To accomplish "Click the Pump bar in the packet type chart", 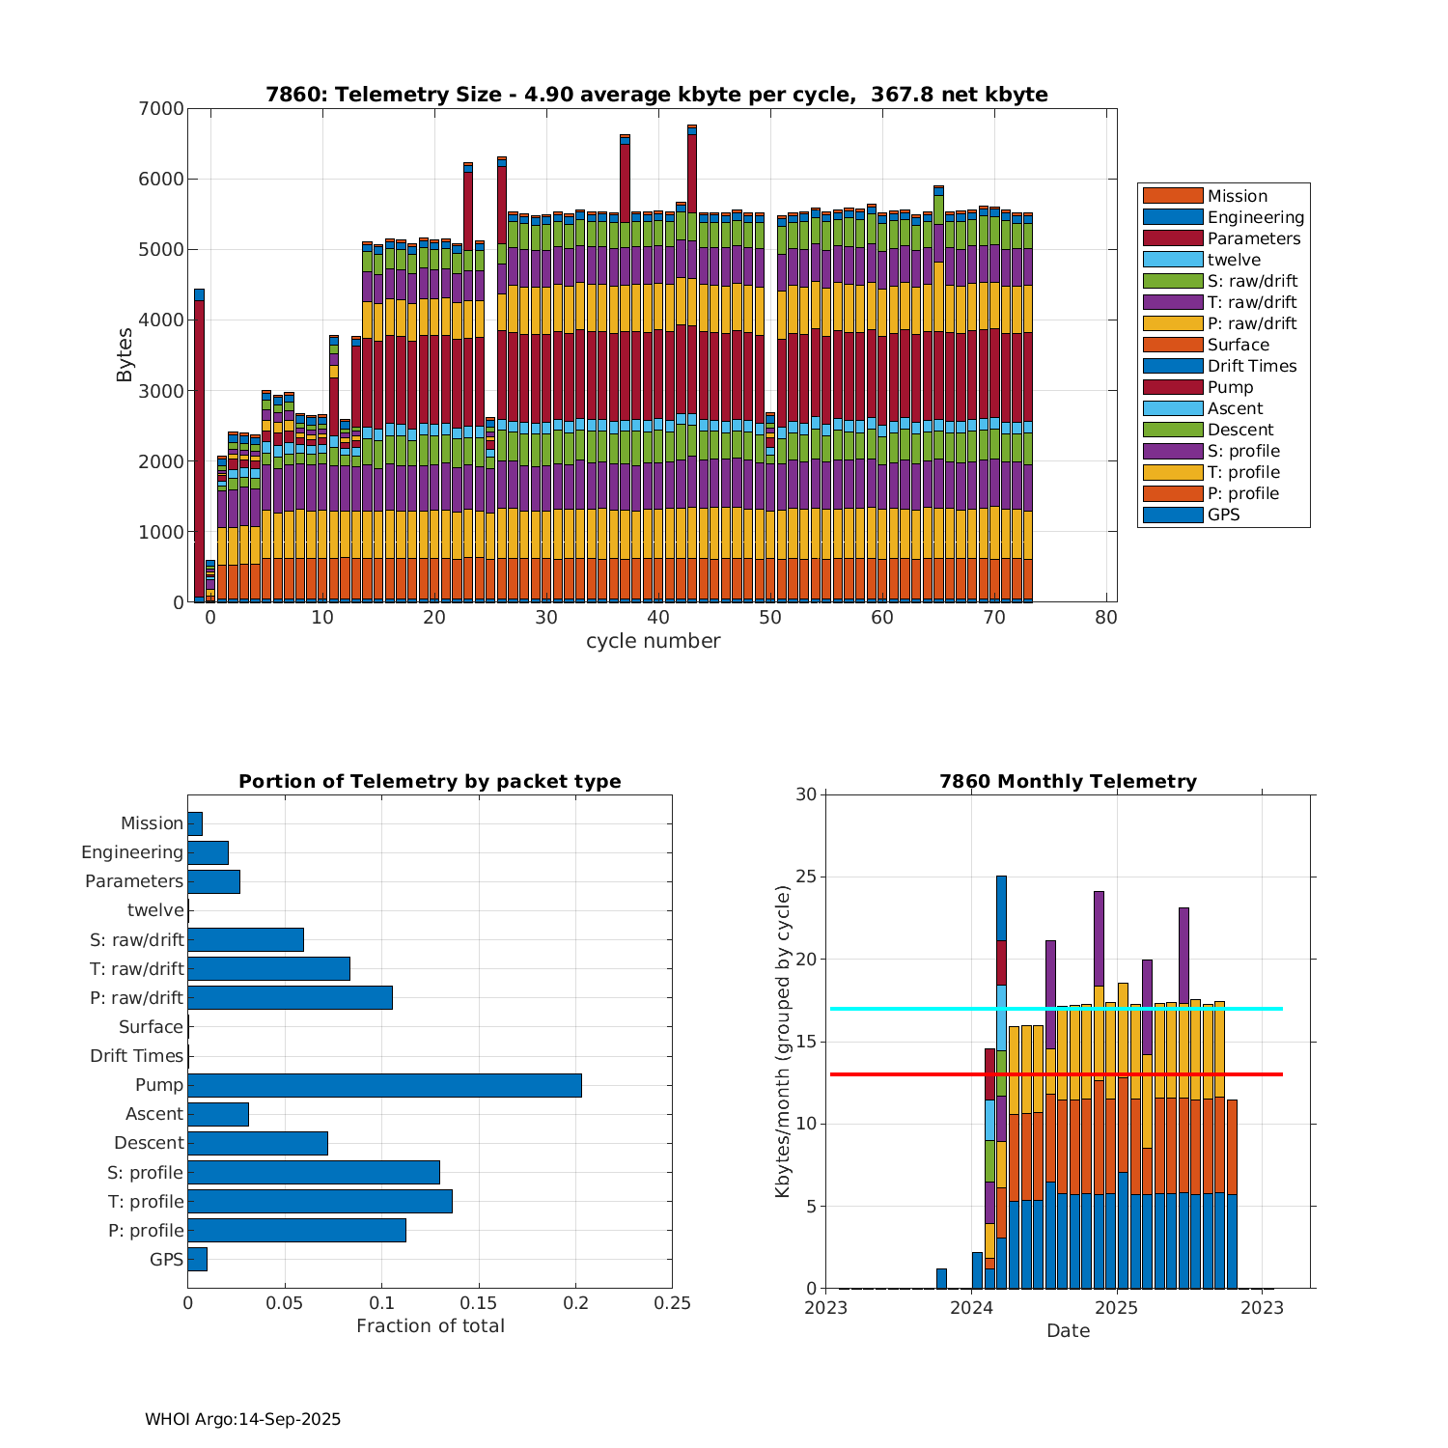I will point(384,1085).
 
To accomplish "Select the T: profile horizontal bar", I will point(320,1201).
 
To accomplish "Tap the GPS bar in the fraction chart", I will point(197,1259).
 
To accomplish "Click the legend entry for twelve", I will point(1234,260).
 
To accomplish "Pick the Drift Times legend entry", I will point(1251,366).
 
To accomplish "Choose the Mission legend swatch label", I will point(1237,196).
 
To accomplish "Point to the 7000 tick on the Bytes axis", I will point(165,109).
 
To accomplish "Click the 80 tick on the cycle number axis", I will point(1106,618).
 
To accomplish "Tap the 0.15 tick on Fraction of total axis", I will point(479,1303).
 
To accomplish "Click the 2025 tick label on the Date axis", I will point(1117,1308).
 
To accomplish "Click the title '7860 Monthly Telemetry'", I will point(1068,782).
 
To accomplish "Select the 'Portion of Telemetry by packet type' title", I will point(430,782).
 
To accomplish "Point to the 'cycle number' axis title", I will point(653,641).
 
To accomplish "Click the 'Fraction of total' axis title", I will point(430,1326).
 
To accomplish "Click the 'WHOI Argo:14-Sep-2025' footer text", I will point(242,1420).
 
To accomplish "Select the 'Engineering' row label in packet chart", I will point(132,852).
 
